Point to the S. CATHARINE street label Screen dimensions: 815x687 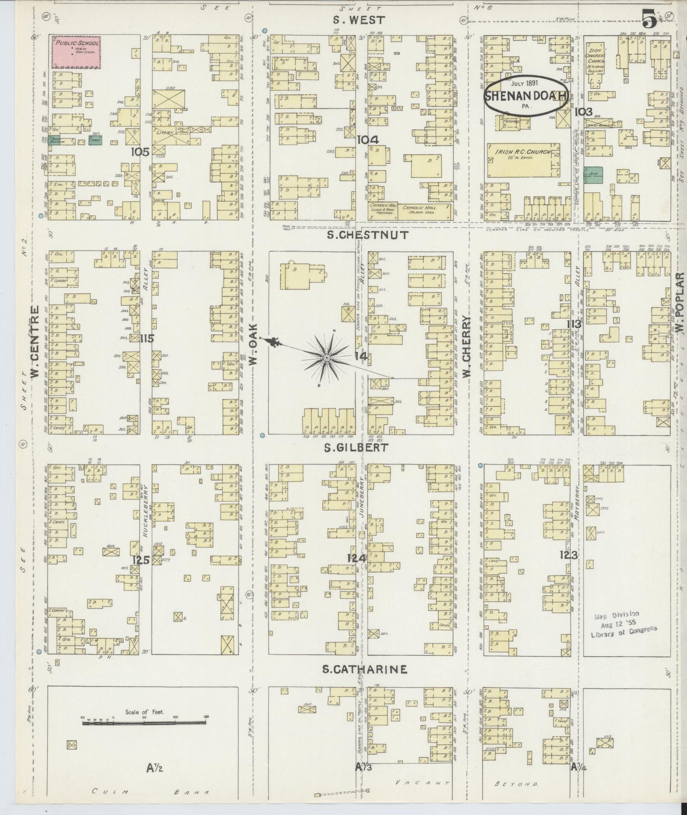coord(365,669)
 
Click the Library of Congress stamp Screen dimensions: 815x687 coord(623,624)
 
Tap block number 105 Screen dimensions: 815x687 coord(141,152)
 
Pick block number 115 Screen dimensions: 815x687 coord(147,338)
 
